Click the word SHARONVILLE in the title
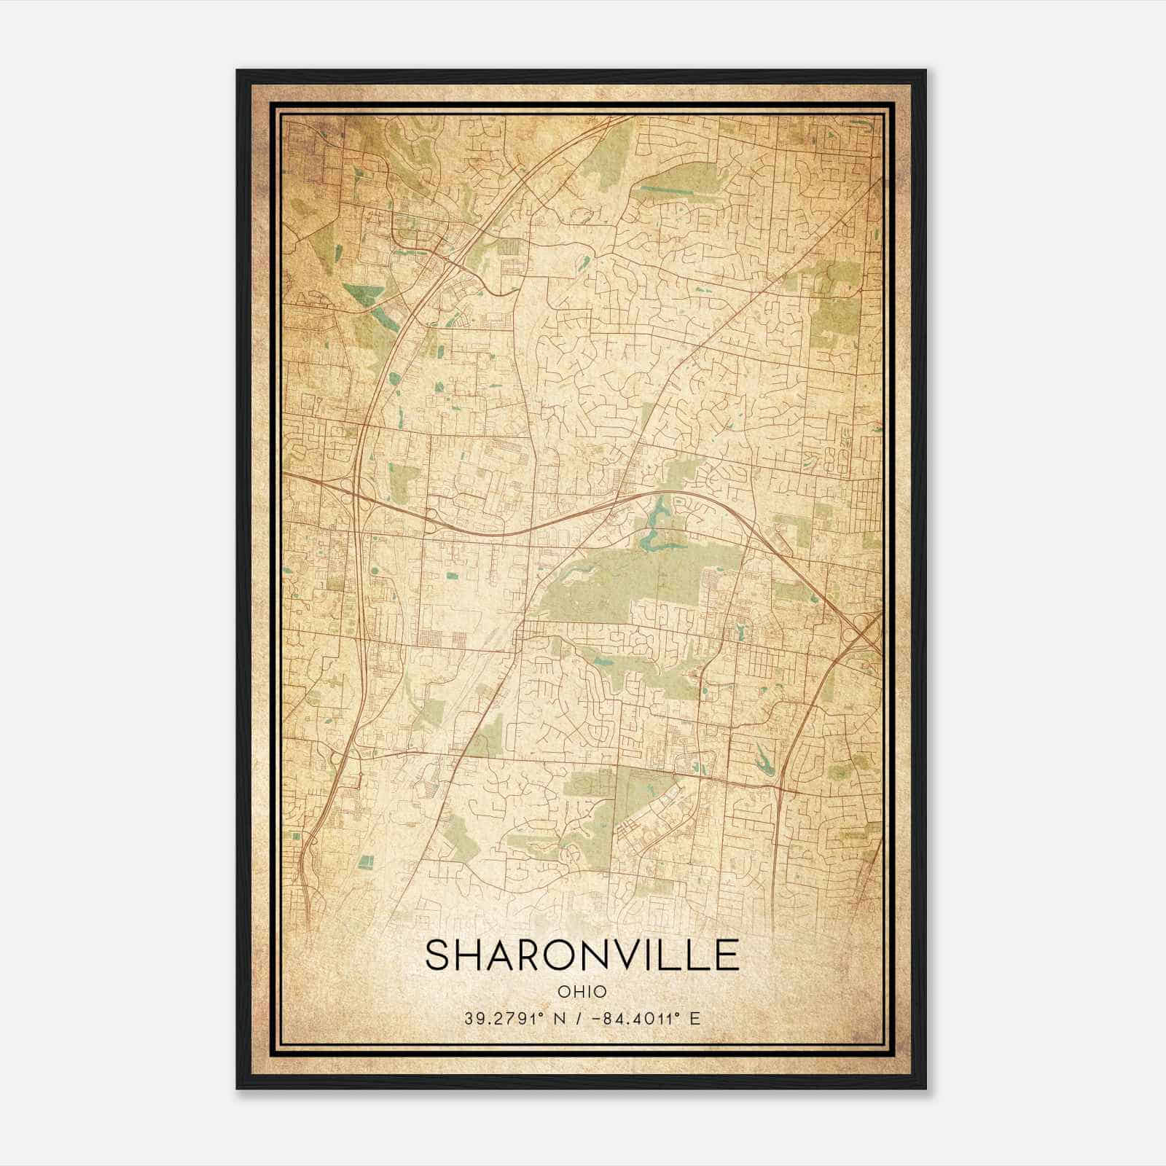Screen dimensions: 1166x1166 tap(582, 955)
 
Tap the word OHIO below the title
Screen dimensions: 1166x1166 tap(582, 991)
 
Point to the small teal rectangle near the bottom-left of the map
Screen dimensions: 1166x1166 tap(367, 861)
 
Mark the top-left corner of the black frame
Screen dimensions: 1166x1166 tap(238, 71)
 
